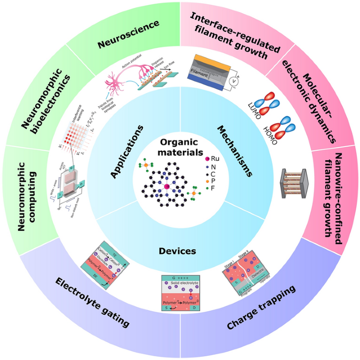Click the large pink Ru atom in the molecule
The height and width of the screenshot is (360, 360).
pos(167,186)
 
